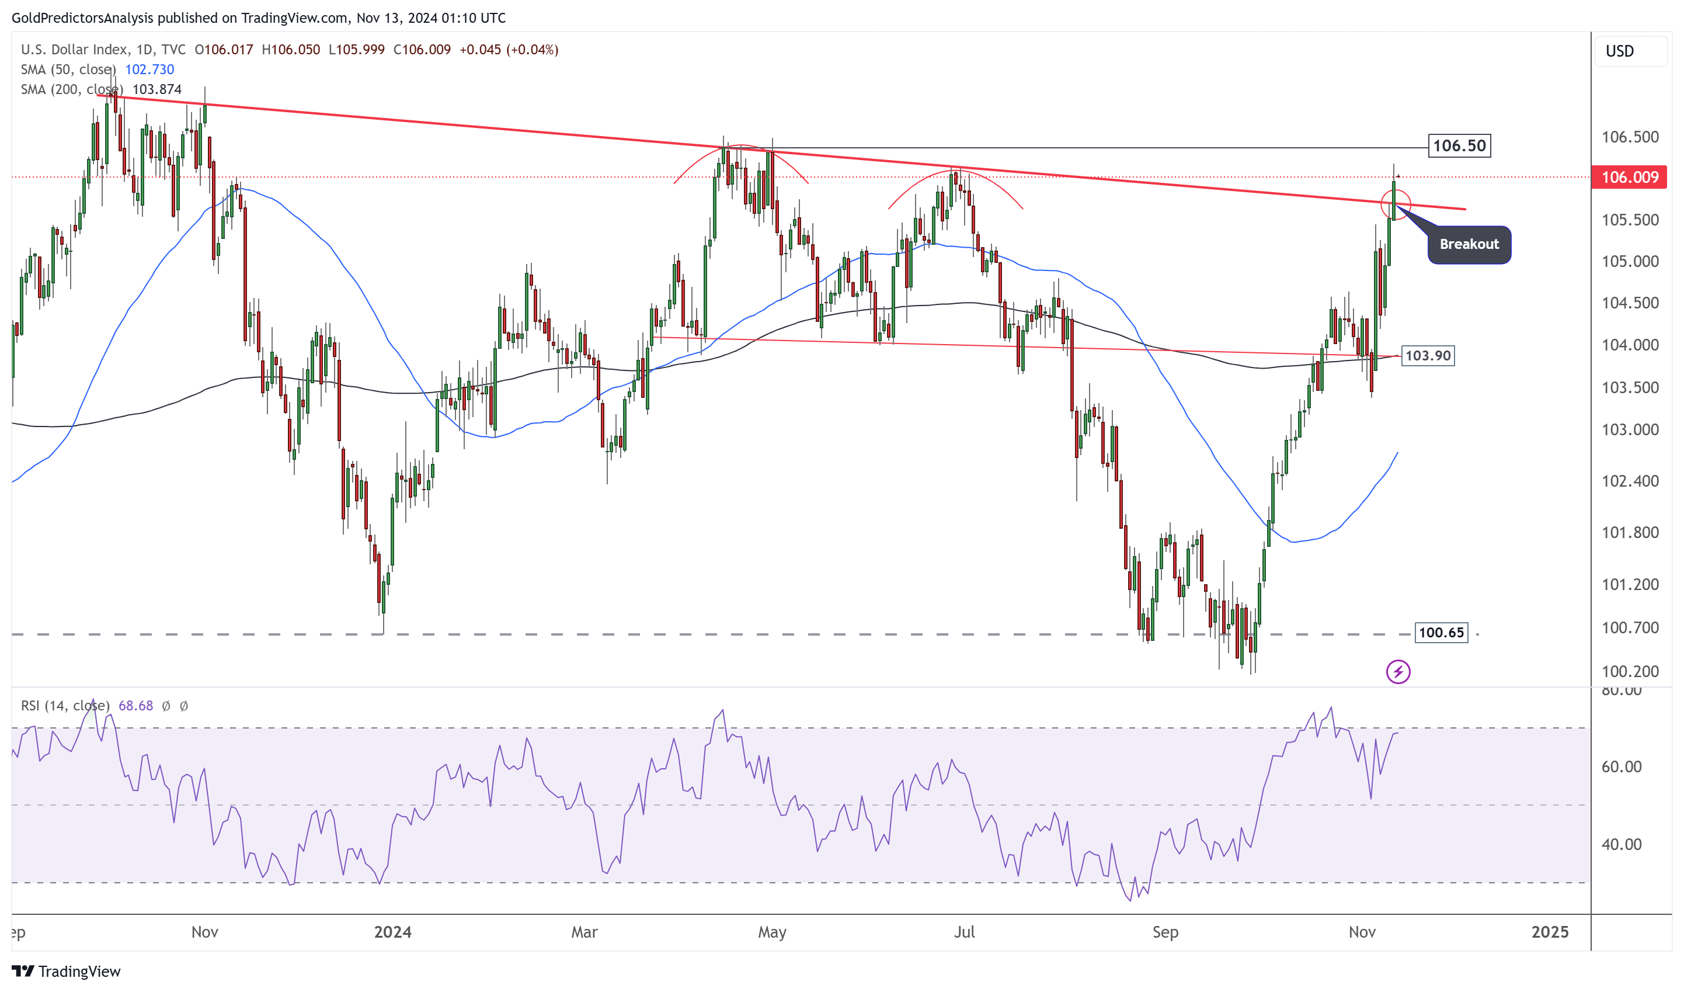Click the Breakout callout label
pos(1468,245)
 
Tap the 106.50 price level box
pos(1459,145)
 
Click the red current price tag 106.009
pos(1629,177)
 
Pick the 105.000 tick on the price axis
pos(1629,261)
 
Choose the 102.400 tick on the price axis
pos(1629,481)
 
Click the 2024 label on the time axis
pos(392,932)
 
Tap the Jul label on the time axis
pos(964,932)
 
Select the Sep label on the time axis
pos(1165,932)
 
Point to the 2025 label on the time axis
pos(1549,932)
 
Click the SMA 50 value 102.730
pos(149,70)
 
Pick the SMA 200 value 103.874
pos(156,89)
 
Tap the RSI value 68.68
pos(135,706)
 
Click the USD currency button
pos(1620,51)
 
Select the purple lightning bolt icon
pos(1397,672)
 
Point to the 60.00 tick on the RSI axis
pos(1620,766)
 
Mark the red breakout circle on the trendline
pos(1396,204)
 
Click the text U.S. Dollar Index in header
pos(74,50)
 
